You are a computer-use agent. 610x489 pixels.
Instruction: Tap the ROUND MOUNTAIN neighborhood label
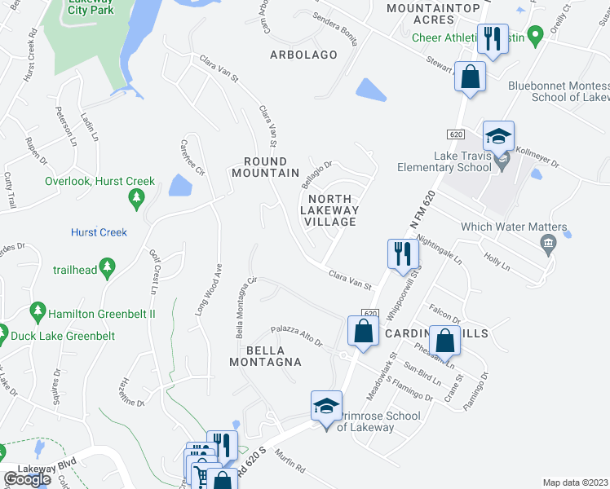coord(265,167)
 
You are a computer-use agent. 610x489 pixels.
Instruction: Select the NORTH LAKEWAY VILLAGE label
coord(329,210)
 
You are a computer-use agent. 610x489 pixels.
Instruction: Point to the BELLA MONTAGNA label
coord(272,355)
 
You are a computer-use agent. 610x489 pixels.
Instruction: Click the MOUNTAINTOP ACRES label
coord(421,12)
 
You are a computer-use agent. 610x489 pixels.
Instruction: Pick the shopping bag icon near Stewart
coord(471,78)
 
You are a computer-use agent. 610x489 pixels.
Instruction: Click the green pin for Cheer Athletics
coord(535,36)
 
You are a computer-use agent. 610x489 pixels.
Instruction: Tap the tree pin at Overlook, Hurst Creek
coord(138,197)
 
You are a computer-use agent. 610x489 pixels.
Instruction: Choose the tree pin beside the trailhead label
coord(105,267)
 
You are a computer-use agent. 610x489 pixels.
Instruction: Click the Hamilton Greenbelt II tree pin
coord(37,311)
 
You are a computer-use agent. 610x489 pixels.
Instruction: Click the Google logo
coord(27,479)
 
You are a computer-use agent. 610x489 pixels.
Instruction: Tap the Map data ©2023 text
coord(575,482)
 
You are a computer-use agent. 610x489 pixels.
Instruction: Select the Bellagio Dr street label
coord(320,172)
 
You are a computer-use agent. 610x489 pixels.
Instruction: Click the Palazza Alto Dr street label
coord(298,337)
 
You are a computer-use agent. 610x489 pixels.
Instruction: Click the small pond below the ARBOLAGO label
coord(371,90)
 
